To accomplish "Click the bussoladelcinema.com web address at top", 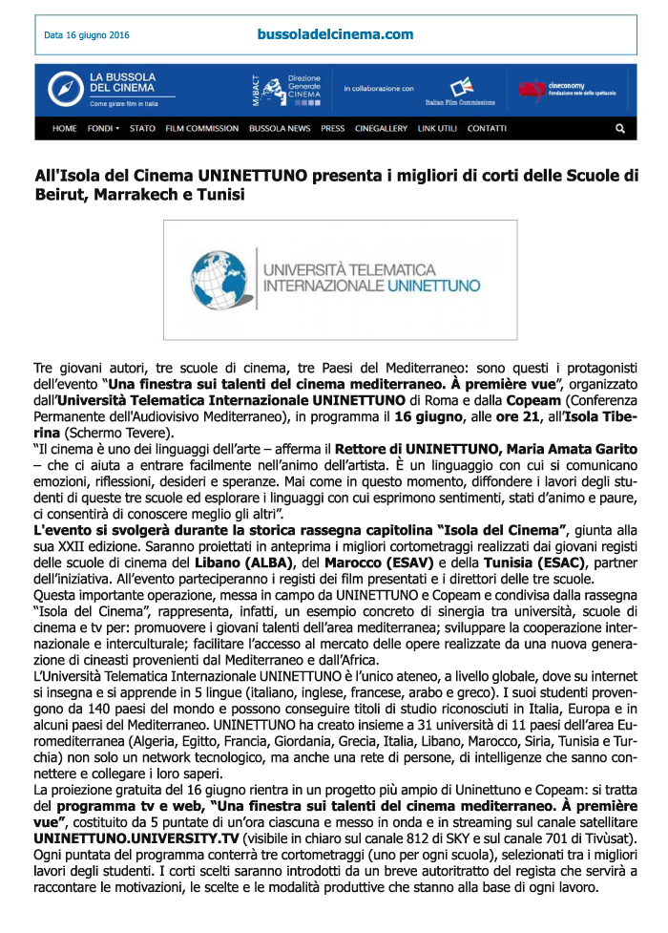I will click(x=335, y=34).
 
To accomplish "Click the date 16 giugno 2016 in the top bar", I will click(x=86, y=36).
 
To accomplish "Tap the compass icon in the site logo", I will click(x=65, y=88).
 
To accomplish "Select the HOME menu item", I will click(x=65, y=128).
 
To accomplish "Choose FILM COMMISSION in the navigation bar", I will click(x=201, y=128).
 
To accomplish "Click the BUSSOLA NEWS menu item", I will click(x=280, y=128).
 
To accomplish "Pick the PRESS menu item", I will click(x=333, y=128).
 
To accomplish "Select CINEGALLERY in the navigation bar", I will click(x=381, y=128).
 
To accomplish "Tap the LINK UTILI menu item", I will click(x=438, y=128).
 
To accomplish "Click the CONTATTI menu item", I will click(x=488, y=128).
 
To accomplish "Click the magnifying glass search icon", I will click(x=620, y=128).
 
